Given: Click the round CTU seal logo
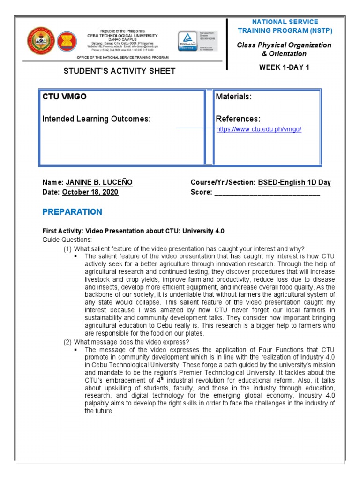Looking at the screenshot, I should tap(41, 41).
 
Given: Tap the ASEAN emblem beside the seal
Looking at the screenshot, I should tap(67, 42).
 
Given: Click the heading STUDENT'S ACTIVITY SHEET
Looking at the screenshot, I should tap(119, 71).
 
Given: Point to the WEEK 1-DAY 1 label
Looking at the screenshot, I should tap(284, 67).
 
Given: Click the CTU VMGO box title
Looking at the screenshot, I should tap(64, 97).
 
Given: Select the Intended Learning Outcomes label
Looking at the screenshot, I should tap(97, 119).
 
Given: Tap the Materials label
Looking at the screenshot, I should tap(233, 97).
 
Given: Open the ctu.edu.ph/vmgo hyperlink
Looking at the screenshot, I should tap(259, 129).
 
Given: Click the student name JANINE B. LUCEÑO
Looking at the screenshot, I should tap(99, 182).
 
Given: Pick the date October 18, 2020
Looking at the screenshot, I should tap(90, 192).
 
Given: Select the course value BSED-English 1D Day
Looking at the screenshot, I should tap(294, 182).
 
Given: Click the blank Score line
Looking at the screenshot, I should tap(267, 193).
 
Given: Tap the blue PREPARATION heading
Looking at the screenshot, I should tap(72, 212).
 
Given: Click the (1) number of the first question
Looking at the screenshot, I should tap(67, 248).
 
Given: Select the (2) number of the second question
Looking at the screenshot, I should tap(67, 342).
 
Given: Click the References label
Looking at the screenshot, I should tap(238, 119).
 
